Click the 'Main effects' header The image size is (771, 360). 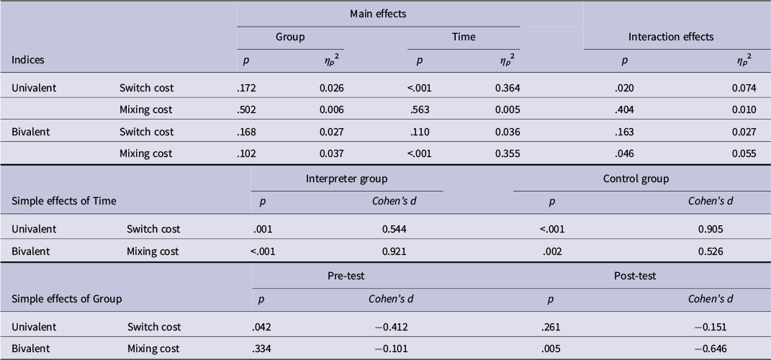(x=378, y=14)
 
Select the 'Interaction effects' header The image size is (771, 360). (x=671, y=37)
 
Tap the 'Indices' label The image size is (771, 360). (x=27, y=60)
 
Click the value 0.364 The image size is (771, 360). (x=508, y=88)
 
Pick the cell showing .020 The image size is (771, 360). (x=624, y=88)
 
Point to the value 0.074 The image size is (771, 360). (x=744, y=88)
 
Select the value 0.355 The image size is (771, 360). (x=508, y=153)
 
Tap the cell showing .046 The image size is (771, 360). (x=624, y=153)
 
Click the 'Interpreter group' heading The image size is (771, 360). (x=346, y=179)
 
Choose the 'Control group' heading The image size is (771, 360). (x=636, y=179)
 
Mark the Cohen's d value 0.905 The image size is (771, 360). (x=711, y=229)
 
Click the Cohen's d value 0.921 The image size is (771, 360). (x=394, y=251)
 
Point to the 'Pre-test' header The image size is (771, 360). (x=346, y=276)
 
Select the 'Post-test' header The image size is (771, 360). (x=635, y=276)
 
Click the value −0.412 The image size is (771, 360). (x=392, y=327)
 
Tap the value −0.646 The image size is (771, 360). (x=711, y=348)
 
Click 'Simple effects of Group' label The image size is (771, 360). (x=66, y=299)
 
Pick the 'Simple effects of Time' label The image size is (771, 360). (x=64, y=201)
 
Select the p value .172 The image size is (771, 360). (x=246, y=88)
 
